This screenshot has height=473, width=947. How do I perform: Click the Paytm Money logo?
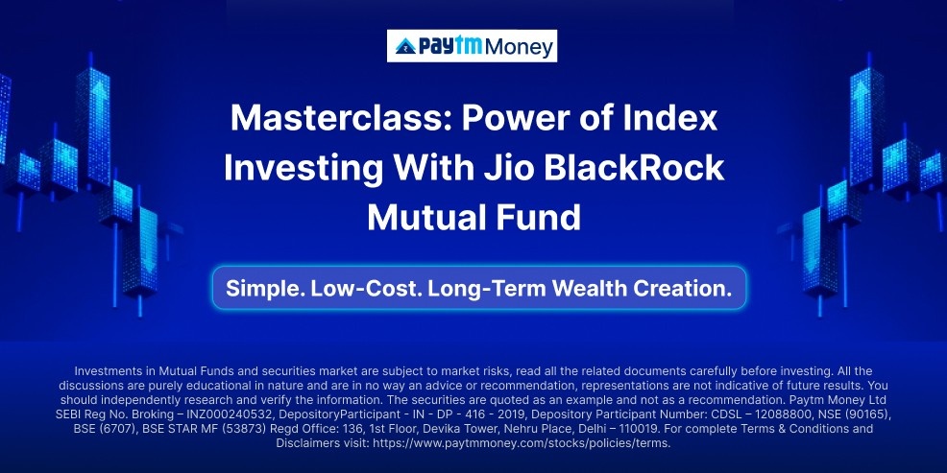click(472, 46)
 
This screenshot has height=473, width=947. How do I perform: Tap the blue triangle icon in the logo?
click(405, 46)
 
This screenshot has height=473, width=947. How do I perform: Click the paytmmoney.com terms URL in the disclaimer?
click(522, 443)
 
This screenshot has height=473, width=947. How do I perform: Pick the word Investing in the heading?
click(303, 169)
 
